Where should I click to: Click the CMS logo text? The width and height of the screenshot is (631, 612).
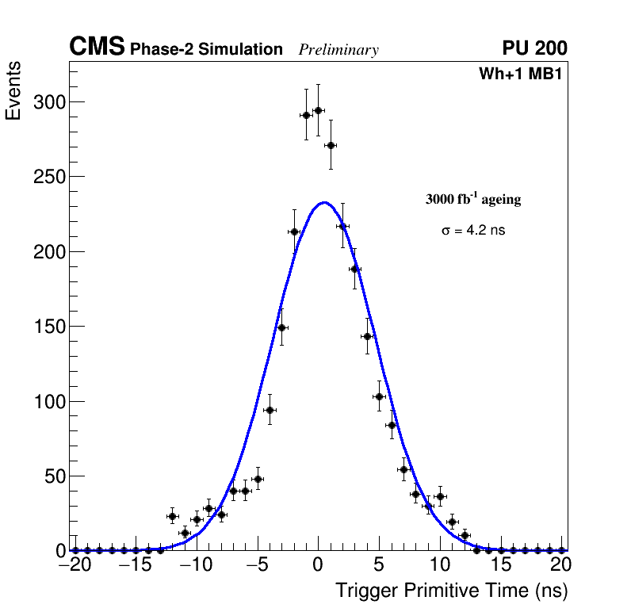click(x=97, y=48)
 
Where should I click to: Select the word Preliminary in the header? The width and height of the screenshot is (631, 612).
click(x=338, y=50)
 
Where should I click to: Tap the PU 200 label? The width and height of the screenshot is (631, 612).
click(x=534, y=48)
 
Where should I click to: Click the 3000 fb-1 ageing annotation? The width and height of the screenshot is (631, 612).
click(x=473, y=199)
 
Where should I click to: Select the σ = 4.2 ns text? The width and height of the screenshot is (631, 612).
click(x=473, y=231)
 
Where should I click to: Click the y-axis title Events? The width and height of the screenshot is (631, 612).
click(x=13, y=91)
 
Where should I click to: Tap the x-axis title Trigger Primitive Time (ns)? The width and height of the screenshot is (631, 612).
click(x=451, y=591)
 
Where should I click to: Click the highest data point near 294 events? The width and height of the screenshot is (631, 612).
click(x=318, y=110)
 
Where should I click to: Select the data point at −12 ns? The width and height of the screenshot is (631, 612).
click(x=172, y=516)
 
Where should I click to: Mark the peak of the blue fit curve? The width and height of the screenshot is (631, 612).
click(x=323, y=202)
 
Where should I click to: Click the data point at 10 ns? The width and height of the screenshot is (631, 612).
click(x=440, y=496)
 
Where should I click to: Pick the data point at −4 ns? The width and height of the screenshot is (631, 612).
click(x=270, y=410)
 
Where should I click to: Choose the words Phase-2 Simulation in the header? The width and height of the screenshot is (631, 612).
click(x=206, y=50)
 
